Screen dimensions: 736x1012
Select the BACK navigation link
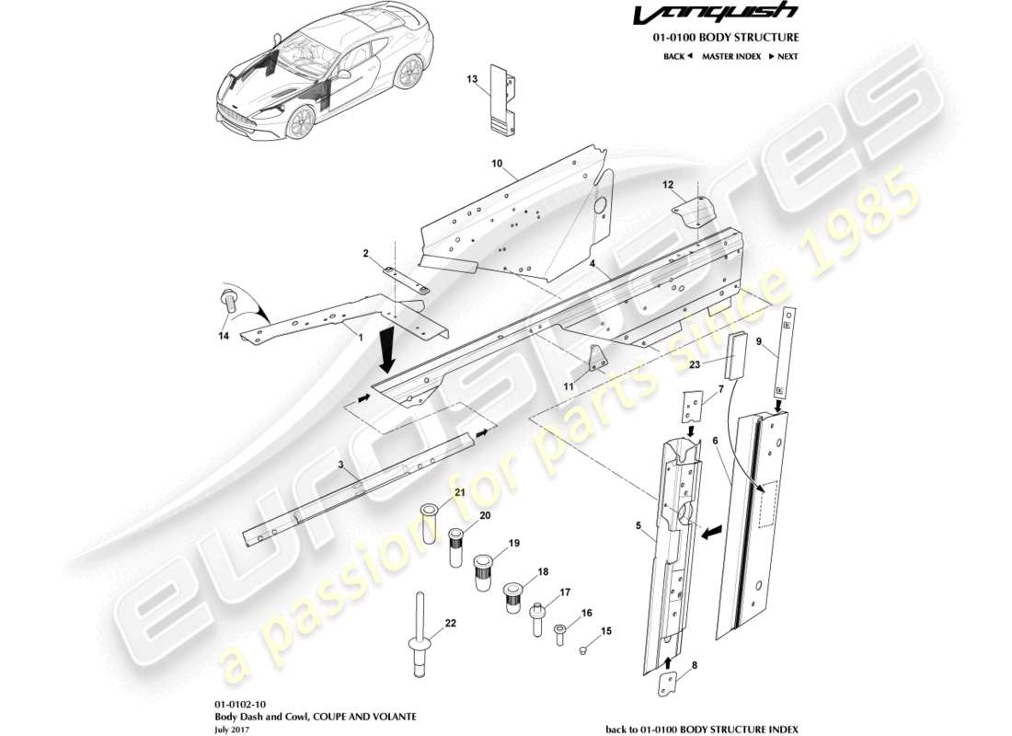[x=677, y=57]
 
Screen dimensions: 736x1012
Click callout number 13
[x=472, y=80]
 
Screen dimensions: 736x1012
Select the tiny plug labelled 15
[x=581, y=650]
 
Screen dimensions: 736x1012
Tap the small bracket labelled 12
[x=696, y=210]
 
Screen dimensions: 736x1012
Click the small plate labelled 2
[x=405, y=279]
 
